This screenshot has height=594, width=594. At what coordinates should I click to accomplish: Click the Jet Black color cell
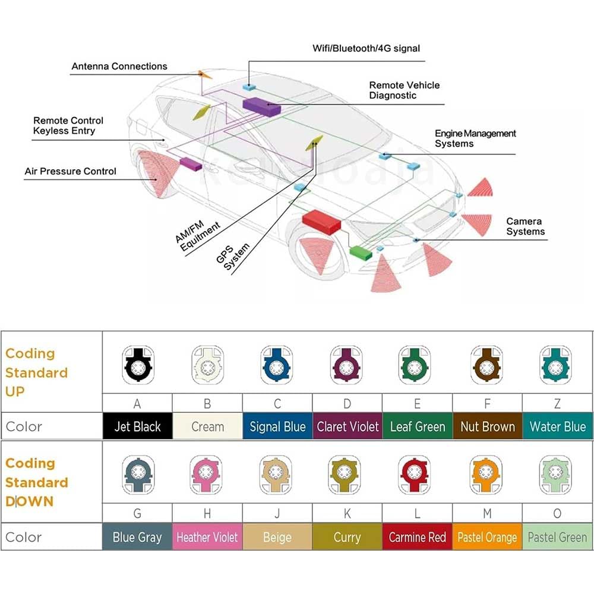point(138,426)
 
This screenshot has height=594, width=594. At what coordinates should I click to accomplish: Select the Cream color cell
point(207,426)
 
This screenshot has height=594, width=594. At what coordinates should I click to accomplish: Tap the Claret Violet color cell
point(347,426)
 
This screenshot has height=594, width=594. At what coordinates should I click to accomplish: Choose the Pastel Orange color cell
point(487,537)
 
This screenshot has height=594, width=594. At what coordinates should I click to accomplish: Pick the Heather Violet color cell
point(207,537)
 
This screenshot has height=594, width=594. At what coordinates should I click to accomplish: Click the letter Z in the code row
point(557,404)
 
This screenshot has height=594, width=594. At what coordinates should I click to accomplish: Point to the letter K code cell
point(347,513)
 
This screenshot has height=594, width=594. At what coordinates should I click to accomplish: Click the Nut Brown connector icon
point(486,365)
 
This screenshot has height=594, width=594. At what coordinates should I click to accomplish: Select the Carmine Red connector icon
point(415,475)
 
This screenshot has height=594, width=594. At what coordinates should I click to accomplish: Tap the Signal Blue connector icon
point(277,365)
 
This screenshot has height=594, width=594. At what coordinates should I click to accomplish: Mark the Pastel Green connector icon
point(555,475)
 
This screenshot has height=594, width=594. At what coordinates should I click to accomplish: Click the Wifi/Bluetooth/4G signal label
point(366,49)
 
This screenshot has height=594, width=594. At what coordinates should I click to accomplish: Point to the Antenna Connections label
point(119,67)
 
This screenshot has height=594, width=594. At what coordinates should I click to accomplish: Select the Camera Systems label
point(526,226)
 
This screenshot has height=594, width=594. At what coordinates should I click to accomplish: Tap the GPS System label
point(233,257)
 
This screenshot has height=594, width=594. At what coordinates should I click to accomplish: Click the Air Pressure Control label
point(71,171)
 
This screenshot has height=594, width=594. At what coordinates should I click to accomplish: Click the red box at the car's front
point(321,222)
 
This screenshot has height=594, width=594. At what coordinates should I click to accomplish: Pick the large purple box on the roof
point(261,106)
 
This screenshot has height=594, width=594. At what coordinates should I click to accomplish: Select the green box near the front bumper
point(361,252)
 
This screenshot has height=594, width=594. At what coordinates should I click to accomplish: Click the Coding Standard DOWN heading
point(37,482)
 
